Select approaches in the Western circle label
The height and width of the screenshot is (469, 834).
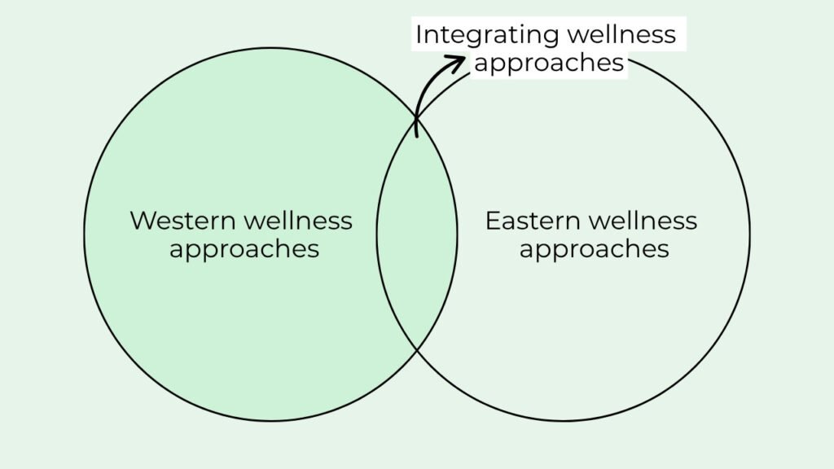[x=244, y=248]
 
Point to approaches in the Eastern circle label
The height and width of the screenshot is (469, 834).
[x=594, y=248]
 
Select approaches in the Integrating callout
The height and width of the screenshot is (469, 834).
[x=549, y=63]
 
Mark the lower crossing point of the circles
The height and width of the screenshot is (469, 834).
[x=417, y=349]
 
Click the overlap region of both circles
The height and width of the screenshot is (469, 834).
[x=417, y=236]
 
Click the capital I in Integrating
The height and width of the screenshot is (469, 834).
[x=419, y=35]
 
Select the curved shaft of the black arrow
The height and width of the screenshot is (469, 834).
[x=424, y=90]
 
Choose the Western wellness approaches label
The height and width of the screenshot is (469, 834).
[x=242, y=234]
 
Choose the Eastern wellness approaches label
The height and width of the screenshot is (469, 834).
[x=592, y=234]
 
